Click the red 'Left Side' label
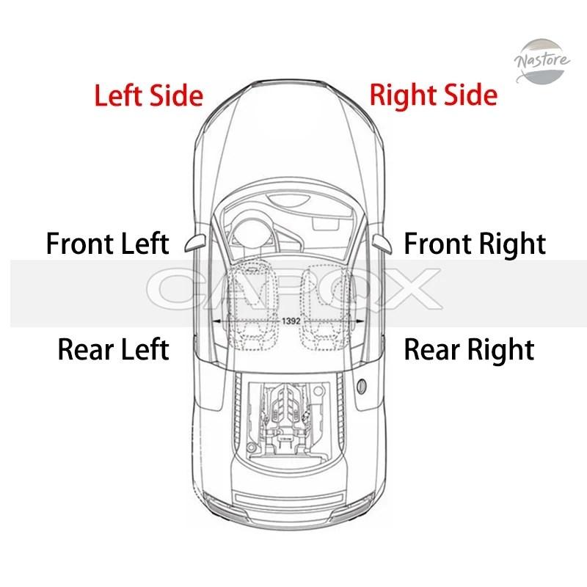click(x=149, y=95)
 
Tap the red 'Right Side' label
click(x=434, y=95)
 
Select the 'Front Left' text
click(x=108, y=244)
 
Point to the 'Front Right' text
click(x=475, y=244)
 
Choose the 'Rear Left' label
click(x=114, y=349)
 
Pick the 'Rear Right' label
click(x=470, y=350)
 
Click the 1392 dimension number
click(x=291, y=321)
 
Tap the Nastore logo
click(x=542, y=61)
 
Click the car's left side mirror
click(x=195, y=243)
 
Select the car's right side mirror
click(x=382, y=244)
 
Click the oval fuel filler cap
click(x=362, y=387)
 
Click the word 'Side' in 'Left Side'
click(x=176, y=95)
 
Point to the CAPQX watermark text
click(x=294, y=288)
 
